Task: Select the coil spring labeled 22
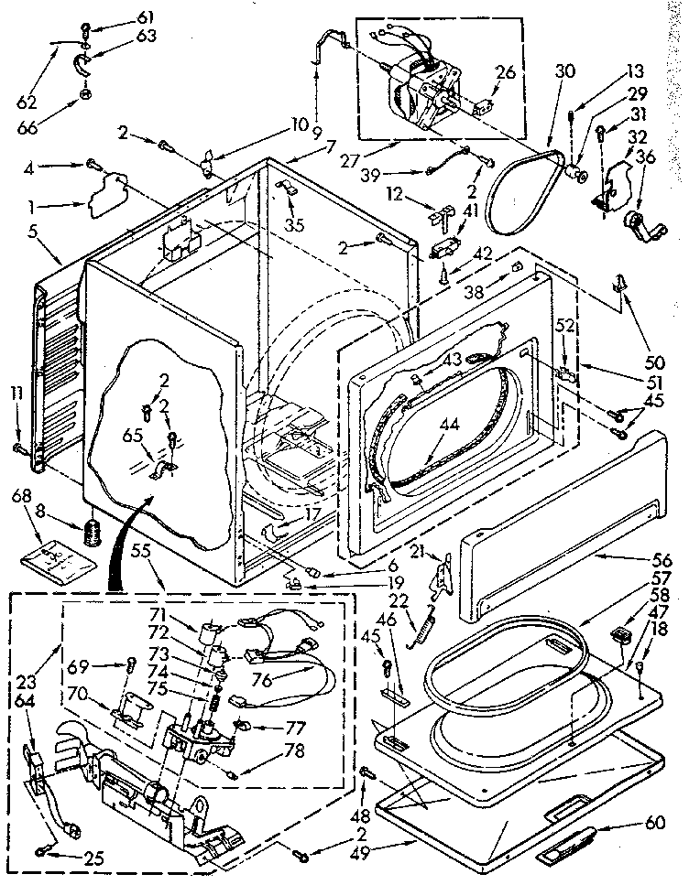(x=423, y=631)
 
